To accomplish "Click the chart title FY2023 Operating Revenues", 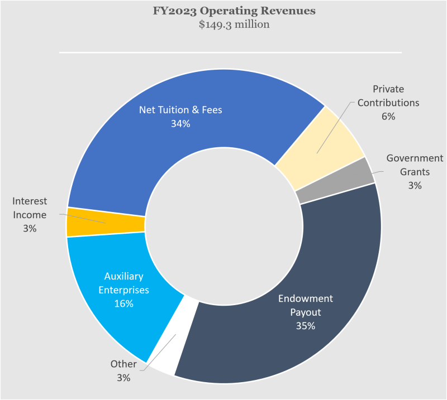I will click(234, 11).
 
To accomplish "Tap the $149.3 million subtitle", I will click(234, 25).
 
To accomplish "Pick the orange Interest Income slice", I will click(106, 222).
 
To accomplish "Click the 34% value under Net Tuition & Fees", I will click(180, 124).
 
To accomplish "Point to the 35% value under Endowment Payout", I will click(305, 326).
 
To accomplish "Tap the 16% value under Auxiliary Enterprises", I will click(124, 303).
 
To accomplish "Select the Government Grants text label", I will click(414, 165).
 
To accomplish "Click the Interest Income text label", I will click(30, 208).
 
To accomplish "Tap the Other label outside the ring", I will click(123, 364).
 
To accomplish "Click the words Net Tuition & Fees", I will click(180, 110).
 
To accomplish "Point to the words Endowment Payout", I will click(305, 305).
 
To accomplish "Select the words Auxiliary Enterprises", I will click(124, 283).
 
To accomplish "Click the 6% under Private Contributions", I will click(388, 117).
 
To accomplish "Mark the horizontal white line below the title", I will click(230, 53).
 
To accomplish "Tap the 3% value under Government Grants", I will click(414, 185).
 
